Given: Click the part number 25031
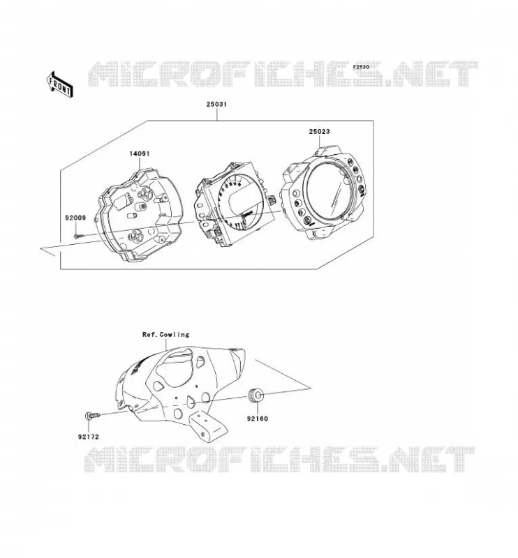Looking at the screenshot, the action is coord(216,104).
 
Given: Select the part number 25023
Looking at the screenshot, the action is coord(319,131).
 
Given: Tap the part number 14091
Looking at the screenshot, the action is coord(140,153).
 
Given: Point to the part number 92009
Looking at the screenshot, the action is coord(75,218).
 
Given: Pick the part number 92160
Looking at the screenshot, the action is coord(257,418).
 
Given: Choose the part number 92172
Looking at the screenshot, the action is coord(89,437).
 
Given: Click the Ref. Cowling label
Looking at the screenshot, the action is coord(165,335).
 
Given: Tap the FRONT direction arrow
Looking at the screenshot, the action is coord(60,84).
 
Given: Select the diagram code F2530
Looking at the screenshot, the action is coord(361,66).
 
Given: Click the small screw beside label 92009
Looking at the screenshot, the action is coord(78,235).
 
